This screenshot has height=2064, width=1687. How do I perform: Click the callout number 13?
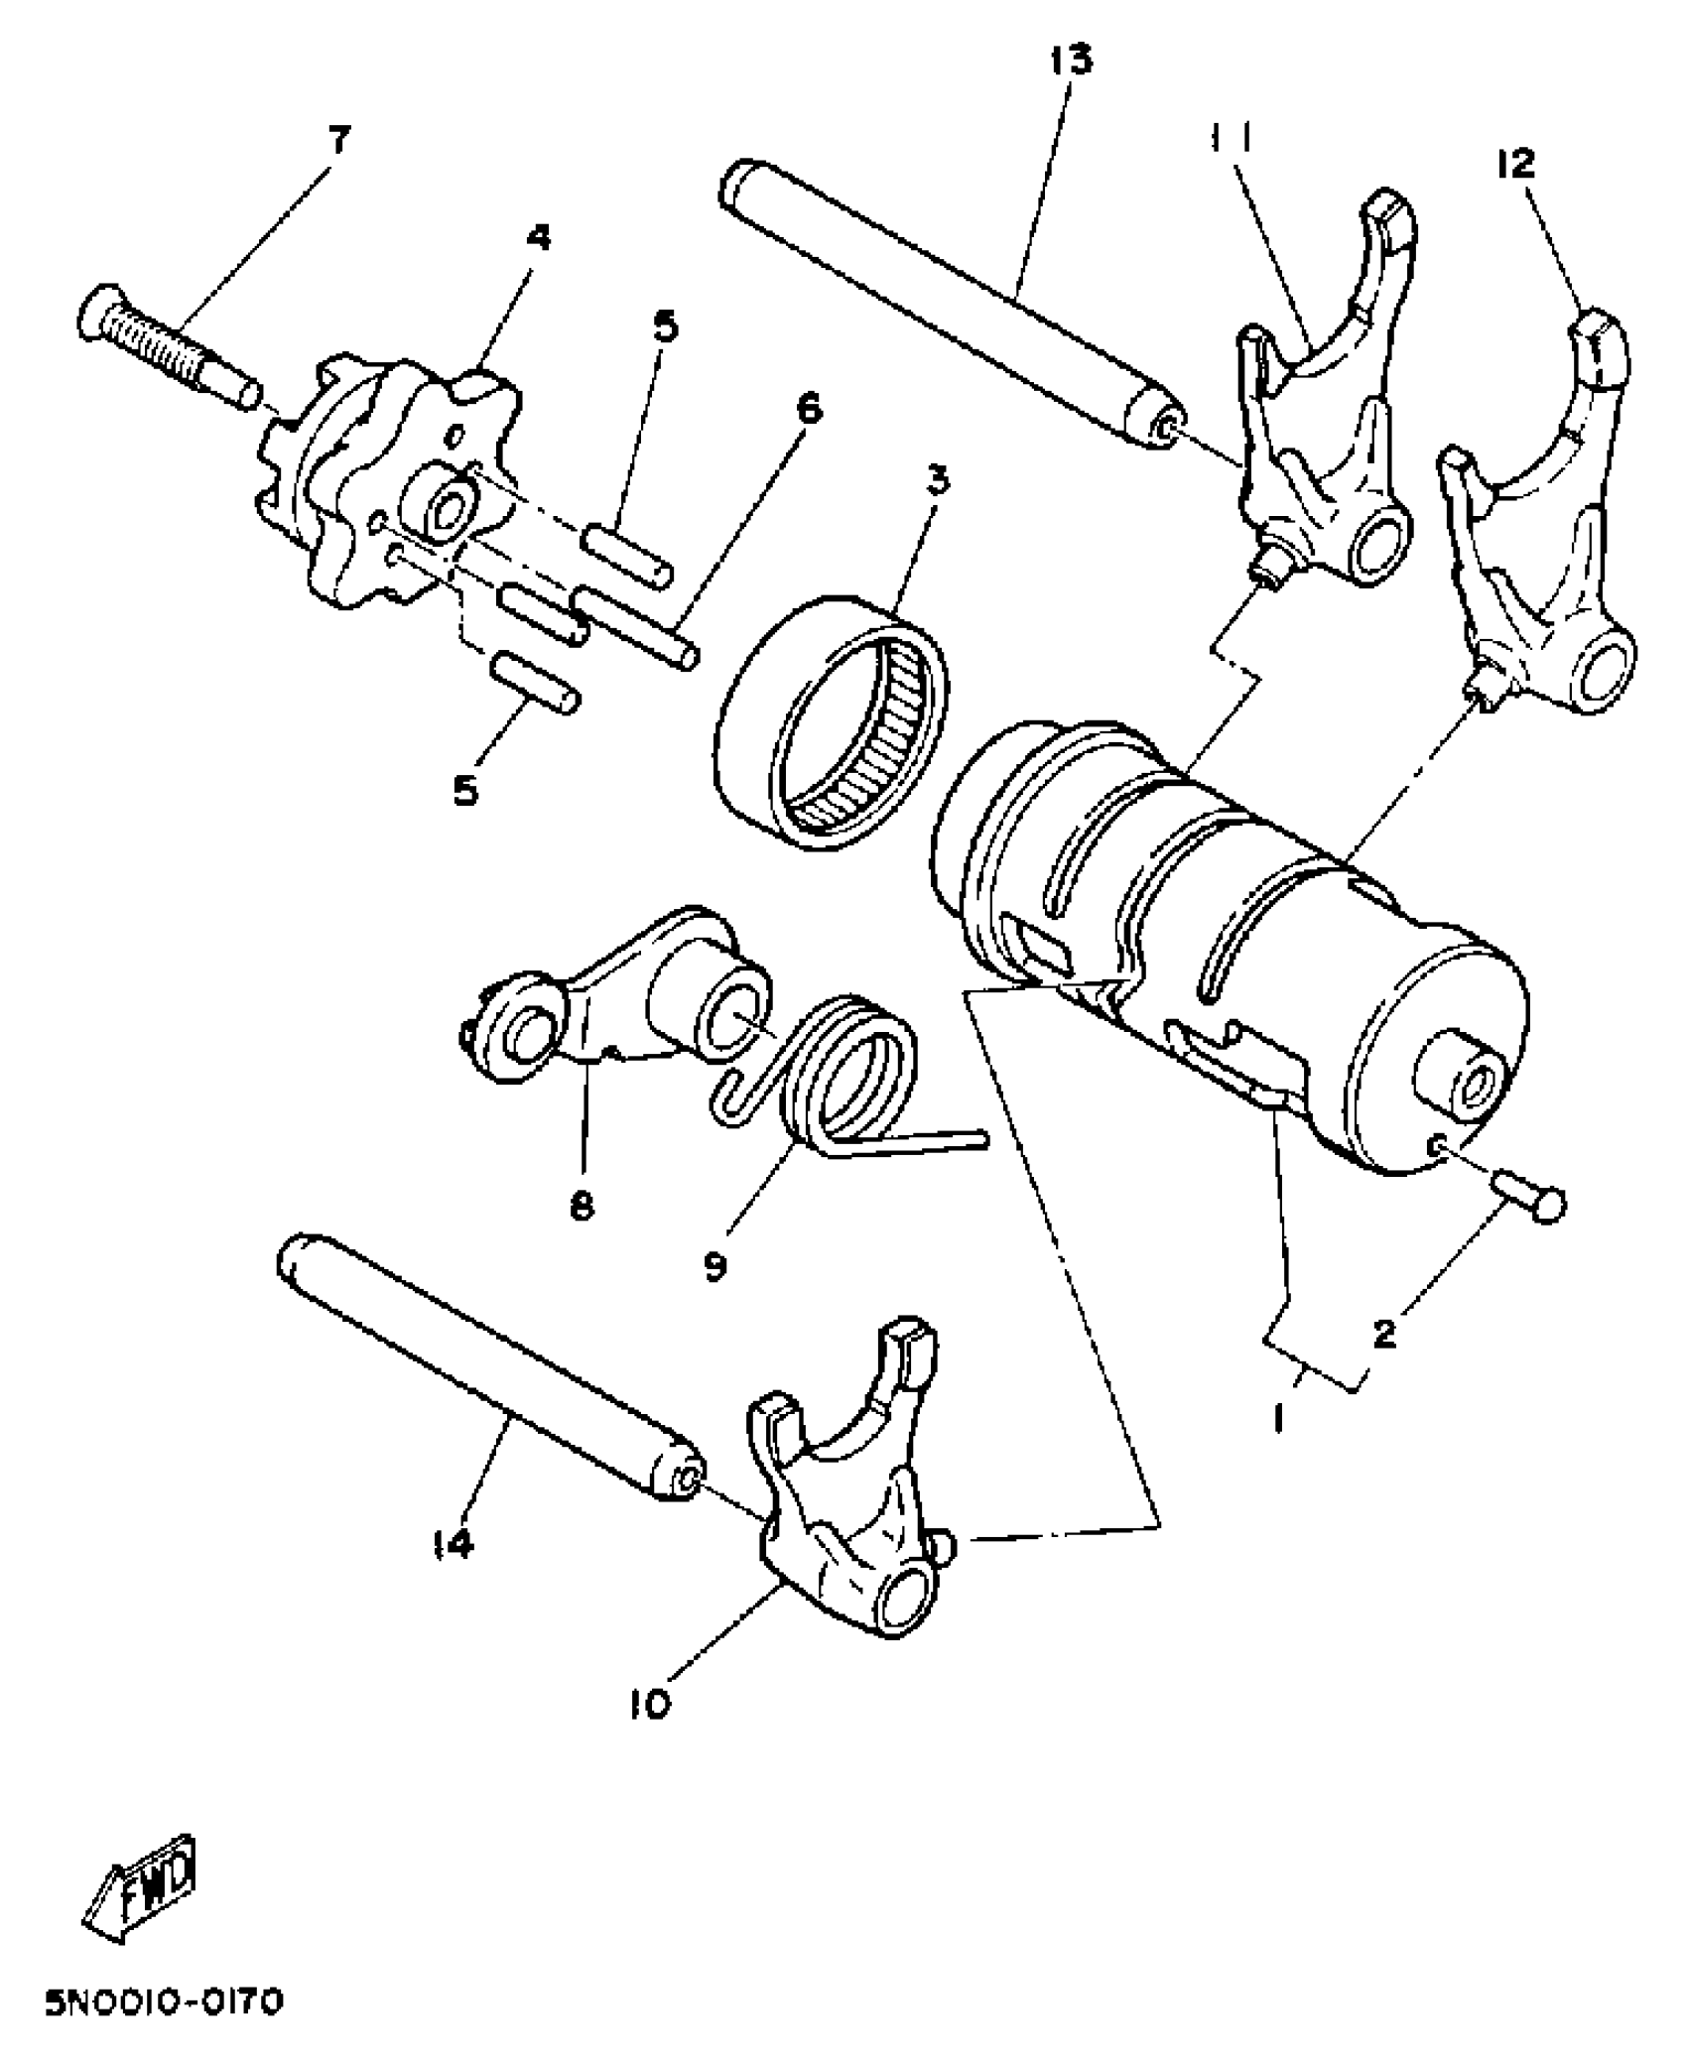tap(1071, 60)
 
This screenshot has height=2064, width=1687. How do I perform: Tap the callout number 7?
tap(339, 140)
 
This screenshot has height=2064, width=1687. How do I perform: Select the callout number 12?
tap(1517, 163)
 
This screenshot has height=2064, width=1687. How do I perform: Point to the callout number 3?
tap(937, 480)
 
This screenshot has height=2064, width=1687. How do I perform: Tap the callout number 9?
tap(715, 1267)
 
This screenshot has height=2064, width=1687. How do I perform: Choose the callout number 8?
tap(582, 1207)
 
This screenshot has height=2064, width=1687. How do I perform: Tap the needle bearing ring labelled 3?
tap(832, 718)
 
